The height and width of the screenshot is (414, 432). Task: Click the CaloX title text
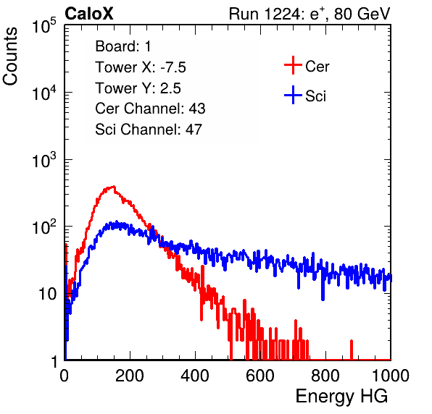pos(88,14)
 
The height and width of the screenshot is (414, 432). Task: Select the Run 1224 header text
pos(310,14)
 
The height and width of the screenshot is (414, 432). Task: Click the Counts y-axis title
pos(10,56)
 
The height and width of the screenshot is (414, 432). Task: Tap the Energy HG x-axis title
pos(341,397)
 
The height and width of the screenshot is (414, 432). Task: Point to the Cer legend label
pos(317,67)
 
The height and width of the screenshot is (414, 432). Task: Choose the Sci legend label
pos(315,96)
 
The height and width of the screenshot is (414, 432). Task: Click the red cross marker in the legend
pos(293,65)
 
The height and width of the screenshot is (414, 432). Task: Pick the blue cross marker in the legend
pos(293,95)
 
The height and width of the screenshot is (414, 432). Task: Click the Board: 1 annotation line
pos(123,46)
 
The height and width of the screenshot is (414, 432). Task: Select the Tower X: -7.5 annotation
pos(141,67)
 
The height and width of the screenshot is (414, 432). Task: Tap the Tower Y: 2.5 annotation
pos(138,88)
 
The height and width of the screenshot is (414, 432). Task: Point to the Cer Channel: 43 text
pos(150,109)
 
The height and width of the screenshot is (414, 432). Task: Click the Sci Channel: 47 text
pos(149,130)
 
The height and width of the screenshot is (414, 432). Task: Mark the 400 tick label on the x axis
pos(195,376)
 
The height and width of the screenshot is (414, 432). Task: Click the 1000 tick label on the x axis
pos(391,376)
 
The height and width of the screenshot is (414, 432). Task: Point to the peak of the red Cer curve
pos(114,187)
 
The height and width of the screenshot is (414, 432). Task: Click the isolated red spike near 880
pos(352,350)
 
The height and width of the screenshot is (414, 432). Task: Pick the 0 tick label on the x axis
pos(65,376)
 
